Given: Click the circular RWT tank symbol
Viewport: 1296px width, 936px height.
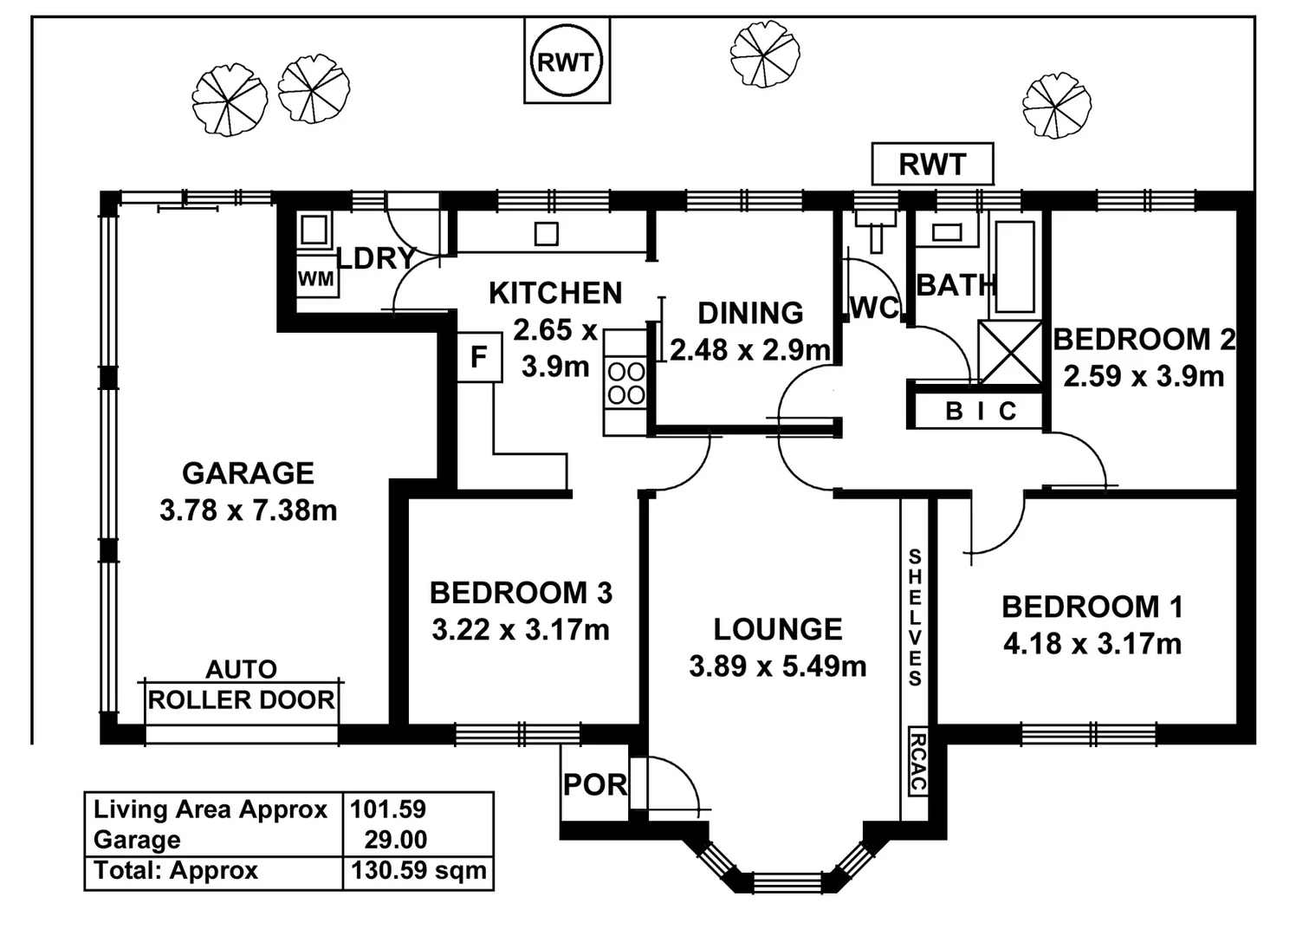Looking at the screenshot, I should coord(566,62).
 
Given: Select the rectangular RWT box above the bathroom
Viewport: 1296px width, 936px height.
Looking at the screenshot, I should coord(932,164).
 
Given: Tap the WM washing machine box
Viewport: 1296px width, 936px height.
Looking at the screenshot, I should coord(316,278).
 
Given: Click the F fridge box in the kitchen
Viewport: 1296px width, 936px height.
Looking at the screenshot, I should coord(479,357).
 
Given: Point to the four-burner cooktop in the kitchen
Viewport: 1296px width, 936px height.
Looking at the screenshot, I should coord(625,383).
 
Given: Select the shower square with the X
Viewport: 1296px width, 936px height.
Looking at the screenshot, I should coord(1010,352).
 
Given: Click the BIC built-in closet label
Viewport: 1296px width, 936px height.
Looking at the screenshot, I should coord(981,411).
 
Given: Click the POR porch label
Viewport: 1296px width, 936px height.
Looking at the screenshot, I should coord(594,785).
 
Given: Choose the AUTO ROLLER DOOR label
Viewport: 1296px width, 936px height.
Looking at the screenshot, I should coord(241,686).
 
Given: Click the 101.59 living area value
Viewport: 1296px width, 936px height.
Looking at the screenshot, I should coord(388,809).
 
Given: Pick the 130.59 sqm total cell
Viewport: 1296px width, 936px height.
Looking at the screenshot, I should coord(418,871).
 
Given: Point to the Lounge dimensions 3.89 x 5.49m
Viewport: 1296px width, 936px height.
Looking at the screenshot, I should coord(777,666).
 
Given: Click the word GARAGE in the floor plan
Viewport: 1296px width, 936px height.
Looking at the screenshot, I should coord(248,473).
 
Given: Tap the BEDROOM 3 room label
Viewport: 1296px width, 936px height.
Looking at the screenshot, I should coord(521,593).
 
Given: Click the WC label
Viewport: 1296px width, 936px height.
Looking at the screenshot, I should coord(874,308).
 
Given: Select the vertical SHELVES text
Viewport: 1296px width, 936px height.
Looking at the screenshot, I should coord(915,617).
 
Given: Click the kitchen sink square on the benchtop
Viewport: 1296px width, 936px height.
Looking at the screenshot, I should coord(546,233).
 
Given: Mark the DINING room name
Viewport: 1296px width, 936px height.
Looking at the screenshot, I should coord(750,313).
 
